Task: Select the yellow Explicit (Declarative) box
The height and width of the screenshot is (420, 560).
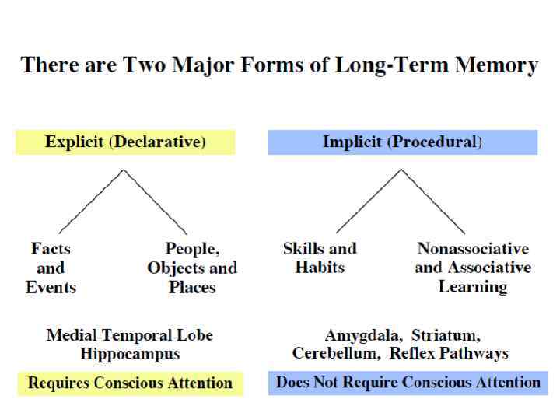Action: coord(125,142)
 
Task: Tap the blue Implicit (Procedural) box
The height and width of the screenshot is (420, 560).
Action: coord(402,142)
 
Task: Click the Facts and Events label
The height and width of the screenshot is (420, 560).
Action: coord(51,268)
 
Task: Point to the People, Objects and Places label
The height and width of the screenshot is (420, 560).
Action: coord(192,268)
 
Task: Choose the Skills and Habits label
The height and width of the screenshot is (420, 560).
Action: coord(320,258)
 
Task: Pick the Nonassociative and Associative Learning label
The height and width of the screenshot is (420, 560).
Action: coord(473,268)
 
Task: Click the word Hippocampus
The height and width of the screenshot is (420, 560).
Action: coord(130,354)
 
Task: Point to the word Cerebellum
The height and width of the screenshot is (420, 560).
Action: coord(332,354)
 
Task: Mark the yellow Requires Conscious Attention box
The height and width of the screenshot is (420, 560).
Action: coord(130,383)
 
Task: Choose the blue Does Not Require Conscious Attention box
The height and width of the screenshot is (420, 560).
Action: coord(408,383)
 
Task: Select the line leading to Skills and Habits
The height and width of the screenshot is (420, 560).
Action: coord(369,201)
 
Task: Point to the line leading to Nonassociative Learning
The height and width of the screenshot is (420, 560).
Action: coord(433,201)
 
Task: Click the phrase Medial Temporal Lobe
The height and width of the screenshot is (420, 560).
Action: coord(130,336)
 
